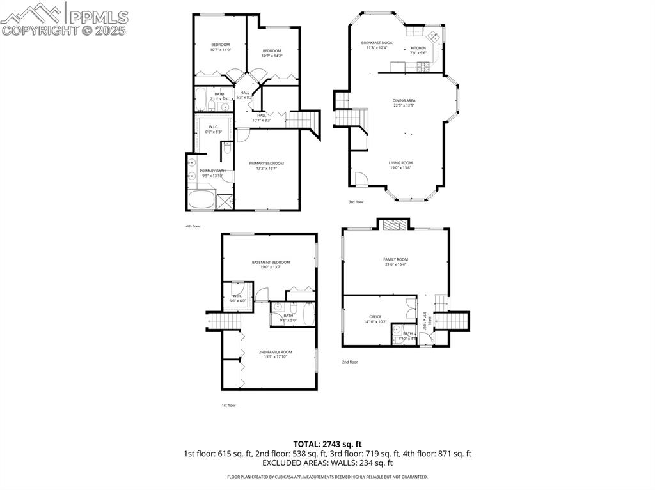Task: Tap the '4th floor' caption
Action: [193, 226]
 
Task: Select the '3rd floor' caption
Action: [356, 202]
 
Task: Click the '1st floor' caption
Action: [228, 405]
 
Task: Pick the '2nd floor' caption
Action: [349, 362]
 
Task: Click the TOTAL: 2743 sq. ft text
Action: [327, 444]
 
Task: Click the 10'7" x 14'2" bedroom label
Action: [272, 53]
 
